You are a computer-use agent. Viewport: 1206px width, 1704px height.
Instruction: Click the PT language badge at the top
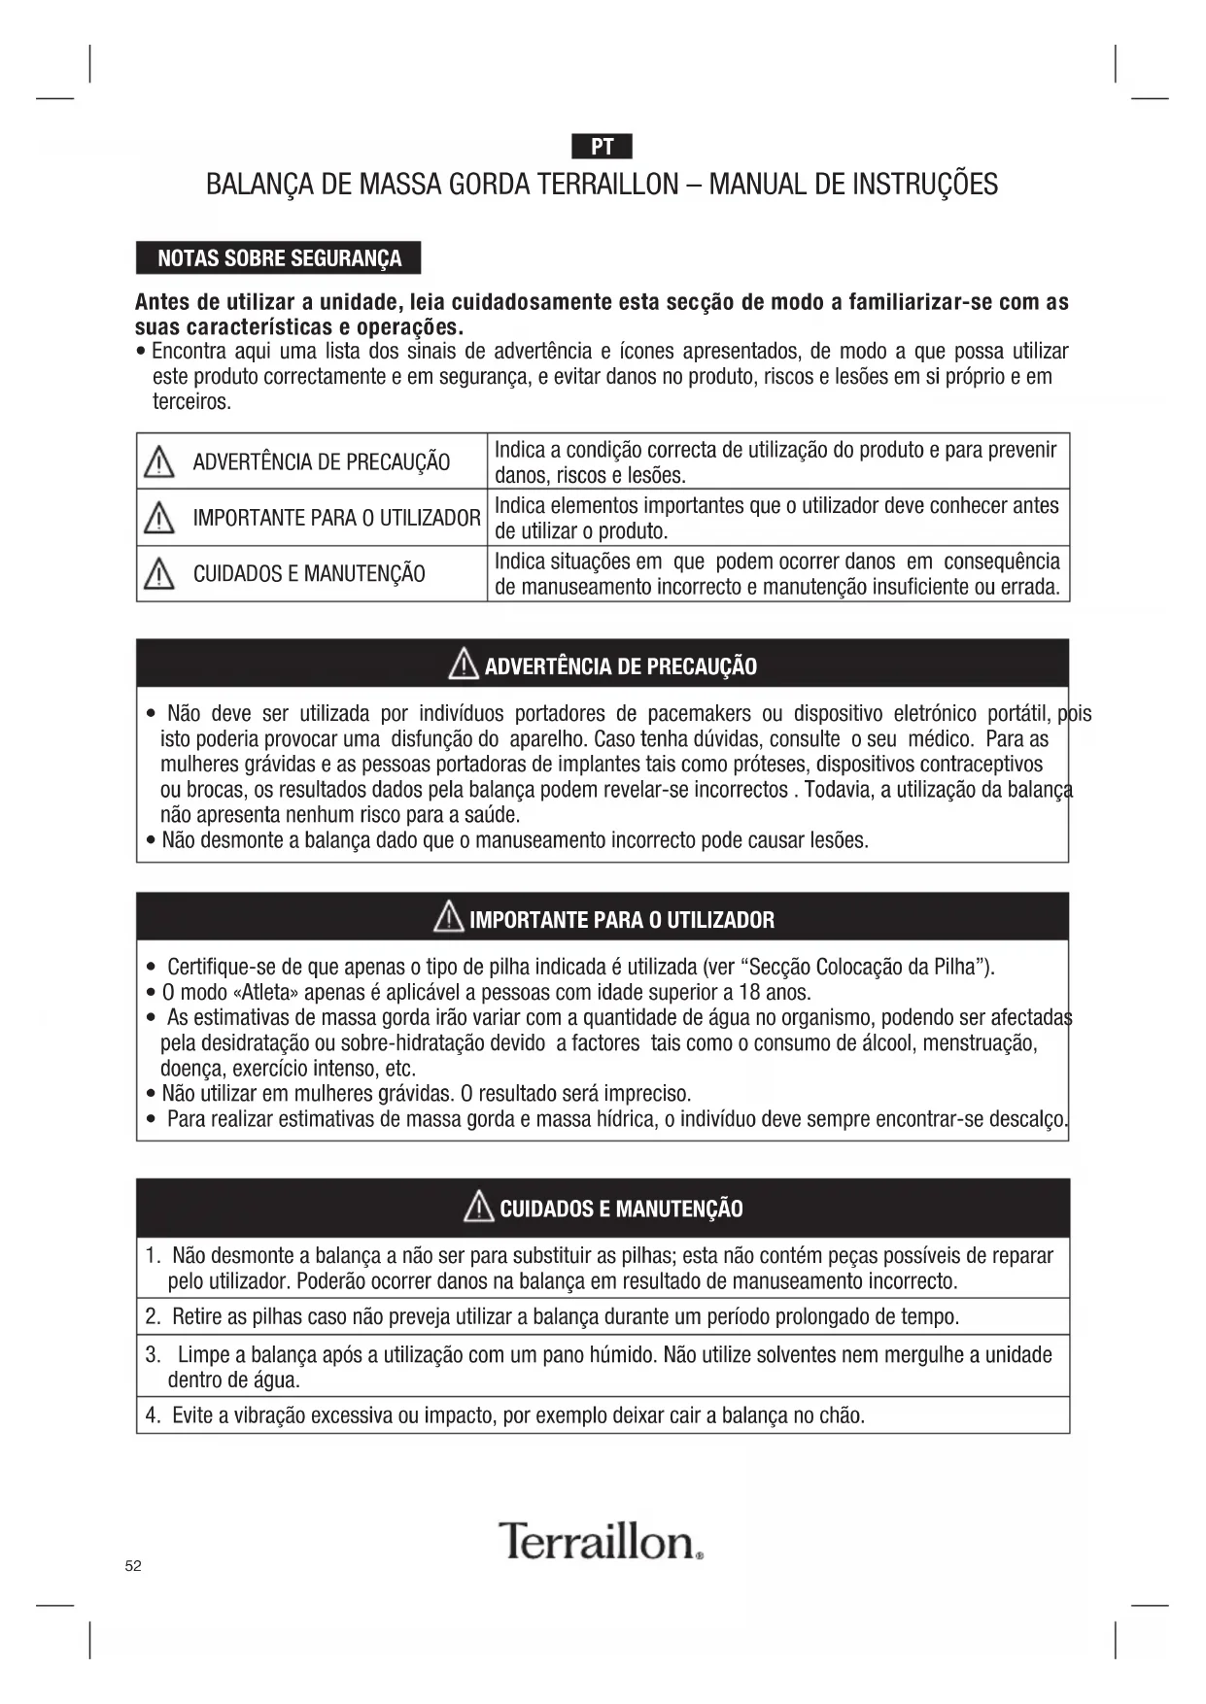(602, 147)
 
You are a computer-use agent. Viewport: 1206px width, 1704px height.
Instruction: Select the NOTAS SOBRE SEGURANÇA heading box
(279, 258)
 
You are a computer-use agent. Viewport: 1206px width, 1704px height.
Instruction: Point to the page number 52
(133, 1566)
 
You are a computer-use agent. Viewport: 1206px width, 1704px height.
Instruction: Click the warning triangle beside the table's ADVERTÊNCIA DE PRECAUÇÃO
(159, 462)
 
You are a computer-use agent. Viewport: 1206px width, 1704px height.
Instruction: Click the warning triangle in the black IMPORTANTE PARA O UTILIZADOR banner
(449, 917)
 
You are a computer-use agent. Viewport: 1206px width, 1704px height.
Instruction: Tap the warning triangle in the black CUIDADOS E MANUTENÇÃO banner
(479, 1207)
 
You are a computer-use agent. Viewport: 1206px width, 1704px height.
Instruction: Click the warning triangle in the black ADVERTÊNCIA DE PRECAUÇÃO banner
(464, 665)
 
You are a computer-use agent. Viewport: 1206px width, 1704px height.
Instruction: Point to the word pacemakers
(699, 714)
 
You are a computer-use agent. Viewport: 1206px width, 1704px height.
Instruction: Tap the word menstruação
(980, 1043)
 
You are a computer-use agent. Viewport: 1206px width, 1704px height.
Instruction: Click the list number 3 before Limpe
(153, 1354)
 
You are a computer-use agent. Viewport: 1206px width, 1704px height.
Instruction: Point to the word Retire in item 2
(197, 1317)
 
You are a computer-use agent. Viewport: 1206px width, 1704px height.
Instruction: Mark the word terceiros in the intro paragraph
(191, 402)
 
